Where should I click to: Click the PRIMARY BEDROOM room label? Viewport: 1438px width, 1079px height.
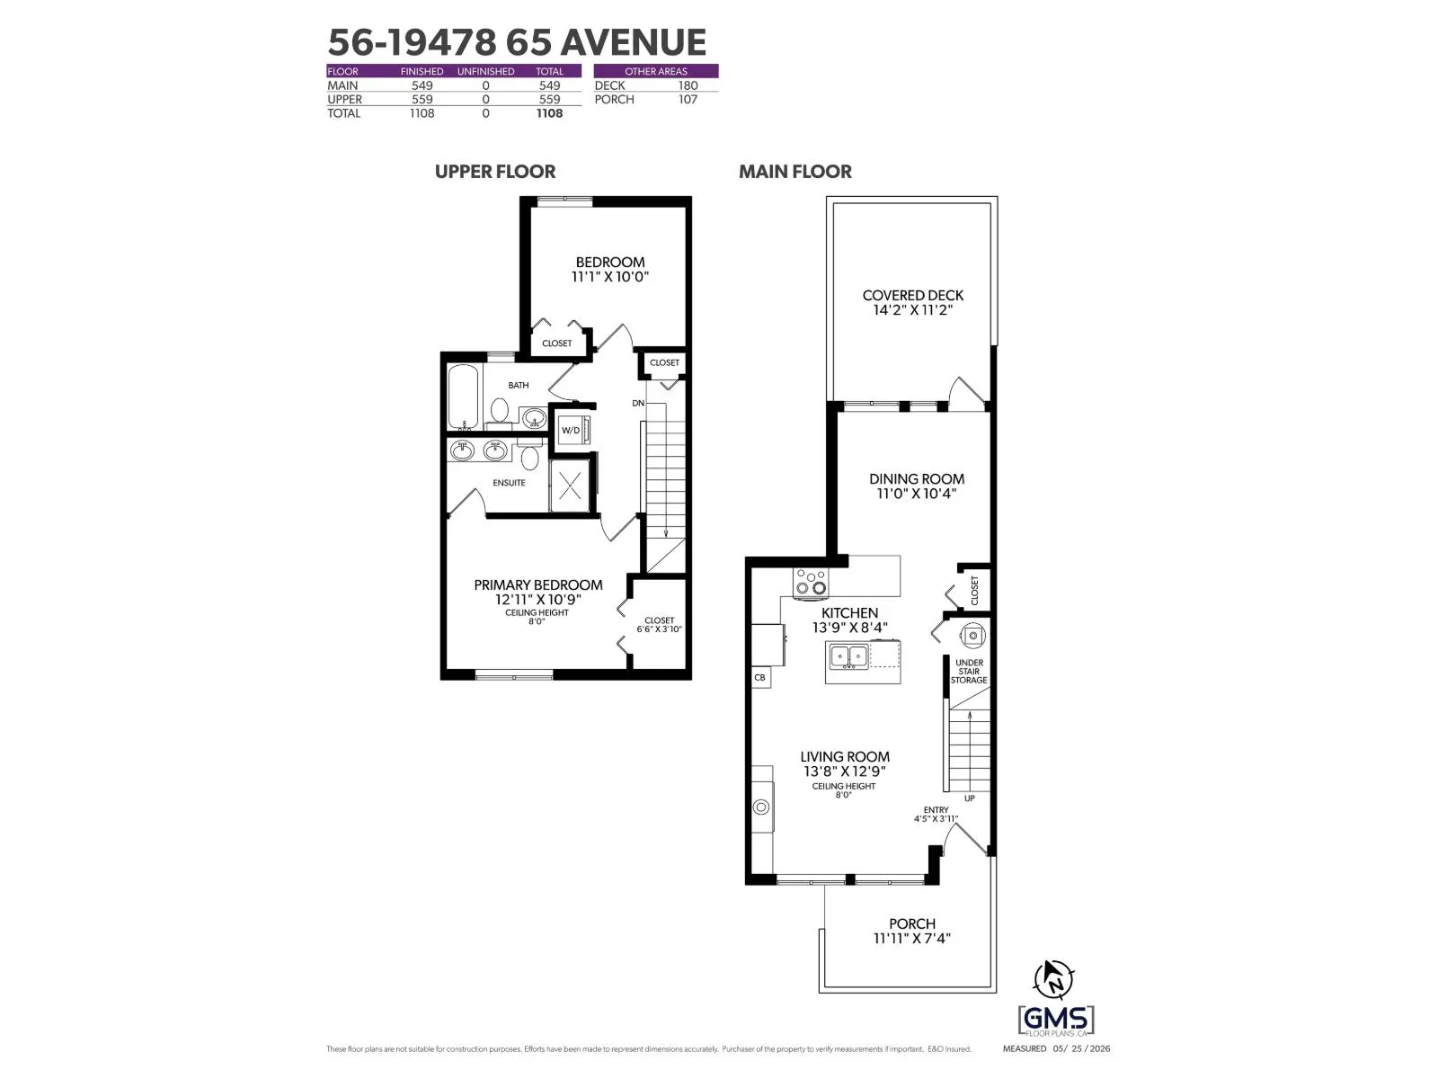537,585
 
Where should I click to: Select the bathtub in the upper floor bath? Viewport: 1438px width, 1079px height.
463,397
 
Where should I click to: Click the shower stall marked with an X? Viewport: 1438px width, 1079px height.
569,486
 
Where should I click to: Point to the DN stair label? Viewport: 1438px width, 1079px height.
638,404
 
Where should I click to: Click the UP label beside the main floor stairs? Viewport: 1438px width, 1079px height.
969,798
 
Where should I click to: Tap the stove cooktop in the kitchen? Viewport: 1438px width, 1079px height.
811,583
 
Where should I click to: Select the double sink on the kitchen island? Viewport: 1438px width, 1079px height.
849,655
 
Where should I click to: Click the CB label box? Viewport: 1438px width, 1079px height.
760,677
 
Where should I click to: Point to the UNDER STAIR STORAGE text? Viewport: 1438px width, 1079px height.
969,672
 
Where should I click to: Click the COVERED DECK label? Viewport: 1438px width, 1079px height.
912,296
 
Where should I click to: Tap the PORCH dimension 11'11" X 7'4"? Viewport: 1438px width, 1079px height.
911,938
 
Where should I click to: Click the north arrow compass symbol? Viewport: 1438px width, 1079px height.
1052,979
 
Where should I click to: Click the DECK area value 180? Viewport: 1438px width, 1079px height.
688,85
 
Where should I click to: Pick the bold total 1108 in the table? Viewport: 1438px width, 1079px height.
549,113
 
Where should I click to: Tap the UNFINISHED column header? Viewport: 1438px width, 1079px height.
485,71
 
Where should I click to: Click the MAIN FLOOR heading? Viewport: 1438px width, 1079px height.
795,172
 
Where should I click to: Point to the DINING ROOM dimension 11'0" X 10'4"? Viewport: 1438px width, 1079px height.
917,494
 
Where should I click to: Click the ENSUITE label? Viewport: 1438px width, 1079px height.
509,483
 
